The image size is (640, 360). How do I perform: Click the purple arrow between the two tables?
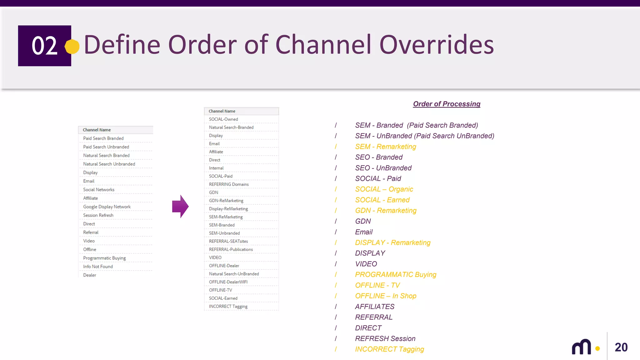[x=180, y=207]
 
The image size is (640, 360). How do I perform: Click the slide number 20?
[x=621, y=347]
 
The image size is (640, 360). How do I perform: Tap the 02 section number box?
[x=44, y=46]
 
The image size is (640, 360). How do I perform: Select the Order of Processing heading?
[x=447, y=104]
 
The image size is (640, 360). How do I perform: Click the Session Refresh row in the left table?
[x=98, y=215]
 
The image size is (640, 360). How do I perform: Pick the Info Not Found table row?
[x=98, y=267]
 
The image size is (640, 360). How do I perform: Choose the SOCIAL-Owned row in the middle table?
[x=223, y=119]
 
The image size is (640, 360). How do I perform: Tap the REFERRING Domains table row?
[x=229, y=184]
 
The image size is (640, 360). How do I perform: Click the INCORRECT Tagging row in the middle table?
[x=228, y=307]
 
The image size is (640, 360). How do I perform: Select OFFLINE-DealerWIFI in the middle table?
[x=228, y=282]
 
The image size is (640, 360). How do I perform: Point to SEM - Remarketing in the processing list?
[x=386, y=147]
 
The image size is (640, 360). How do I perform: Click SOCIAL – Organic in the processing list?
[x=384, y=189]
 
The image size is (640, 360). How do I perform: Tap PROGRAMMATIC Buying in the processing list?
[x=396, y=275]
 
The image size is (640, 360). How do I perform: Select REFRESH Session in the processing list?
[x=385, y=339]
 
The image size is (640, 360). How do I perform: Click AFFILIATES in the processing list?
[x=375, y=307]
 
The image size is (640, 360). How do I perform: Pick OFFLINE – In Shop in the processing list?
[x=386, y=296]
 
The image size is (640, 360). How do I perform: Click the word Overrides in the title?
[x=437, y=45]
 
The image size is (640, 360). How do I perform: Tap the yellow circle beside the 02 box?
[x=72, y=47]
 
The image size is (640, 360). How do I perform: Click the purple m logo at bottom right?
[x=582, y=347]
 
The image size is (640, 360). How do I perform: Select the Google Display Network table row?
[x=107, y=207]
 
